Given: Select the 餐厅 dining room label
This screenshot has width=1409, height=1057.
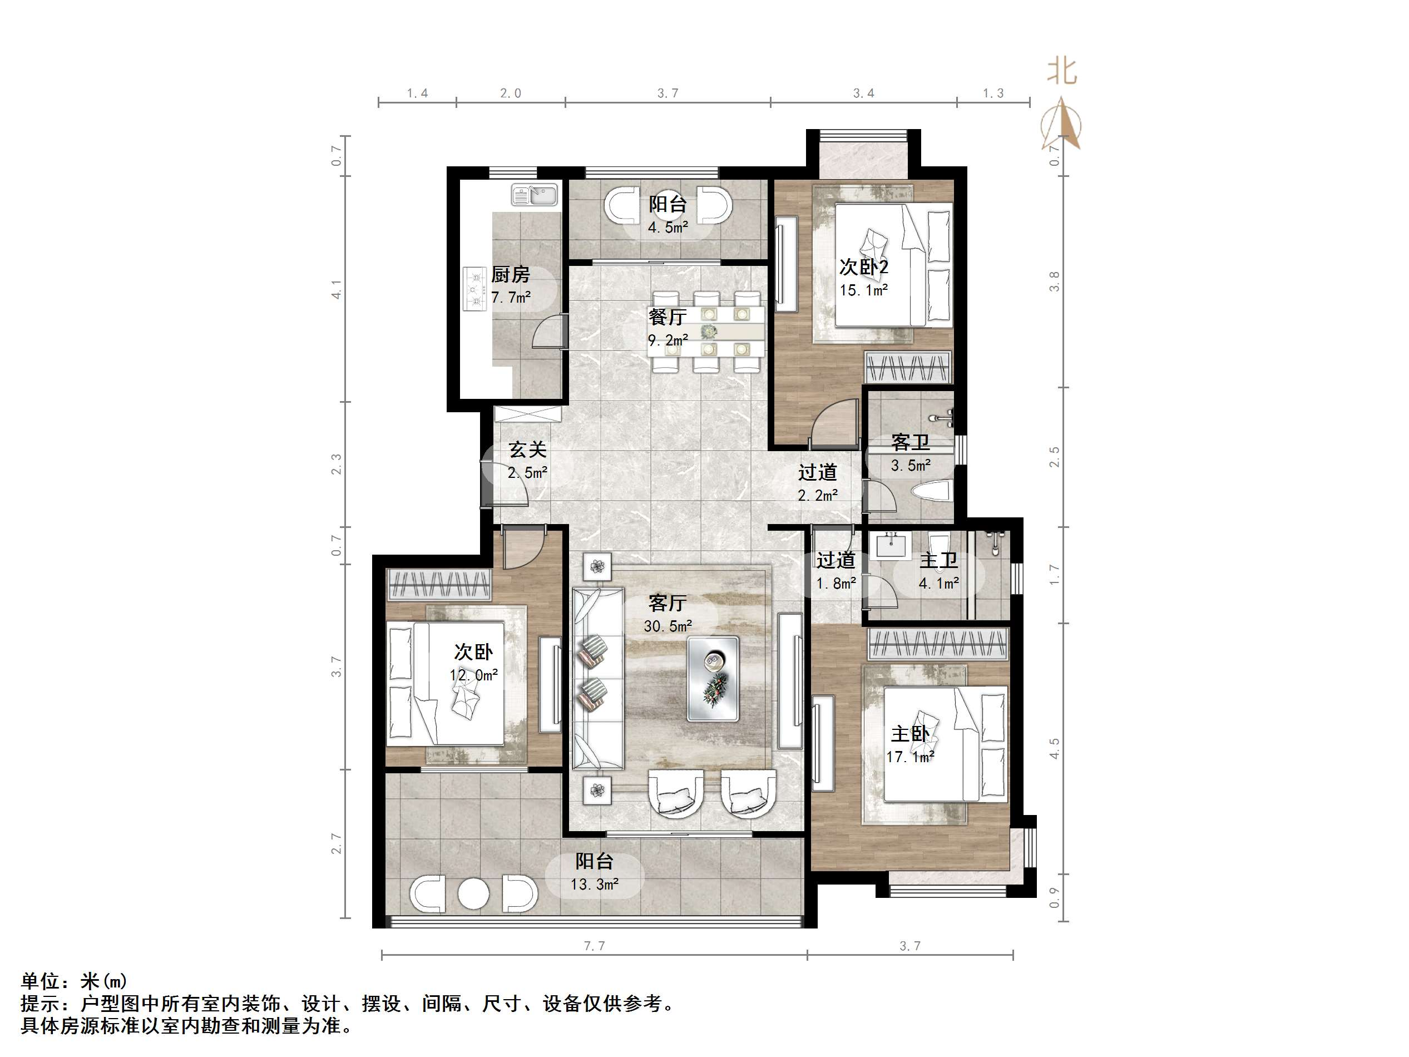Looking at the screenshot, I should [x=667, y=317].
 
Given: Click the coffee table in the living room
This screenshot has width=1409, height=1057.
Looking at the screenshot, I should [x=713, y=679].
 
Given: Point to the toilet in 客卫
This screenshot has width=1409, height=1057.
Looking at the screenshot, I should [x=931, y=491].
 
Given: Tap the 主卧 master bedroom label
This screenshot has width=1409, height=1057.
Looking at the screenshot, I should [x=909, y=734].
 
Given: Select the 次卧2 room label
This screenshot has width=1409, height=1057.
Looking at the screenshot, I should [x=863, y=267].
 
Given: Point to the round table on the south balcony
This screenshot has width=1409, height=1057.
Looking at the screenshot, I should [x=473, y=893].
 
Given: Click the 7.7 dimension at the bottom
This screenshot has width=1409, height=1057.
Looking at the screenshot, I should [x=594, y=946].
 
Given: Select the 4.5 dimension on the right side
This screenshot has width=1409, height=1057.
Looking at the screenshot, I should [x=1054, y=749].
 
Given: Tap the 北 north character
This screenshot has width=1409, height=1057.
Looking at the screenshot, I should [x=1062, y=71].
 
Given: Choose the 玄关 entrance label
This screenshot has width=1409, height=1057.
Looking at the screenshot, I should [x=527, y=450].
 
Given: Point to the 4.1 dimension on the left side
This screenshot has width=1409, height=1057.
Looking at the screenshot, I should [x=337, y=289].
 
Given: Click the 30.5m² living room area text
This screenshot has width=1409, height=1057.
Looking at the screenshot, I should [x=667, y=626].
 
